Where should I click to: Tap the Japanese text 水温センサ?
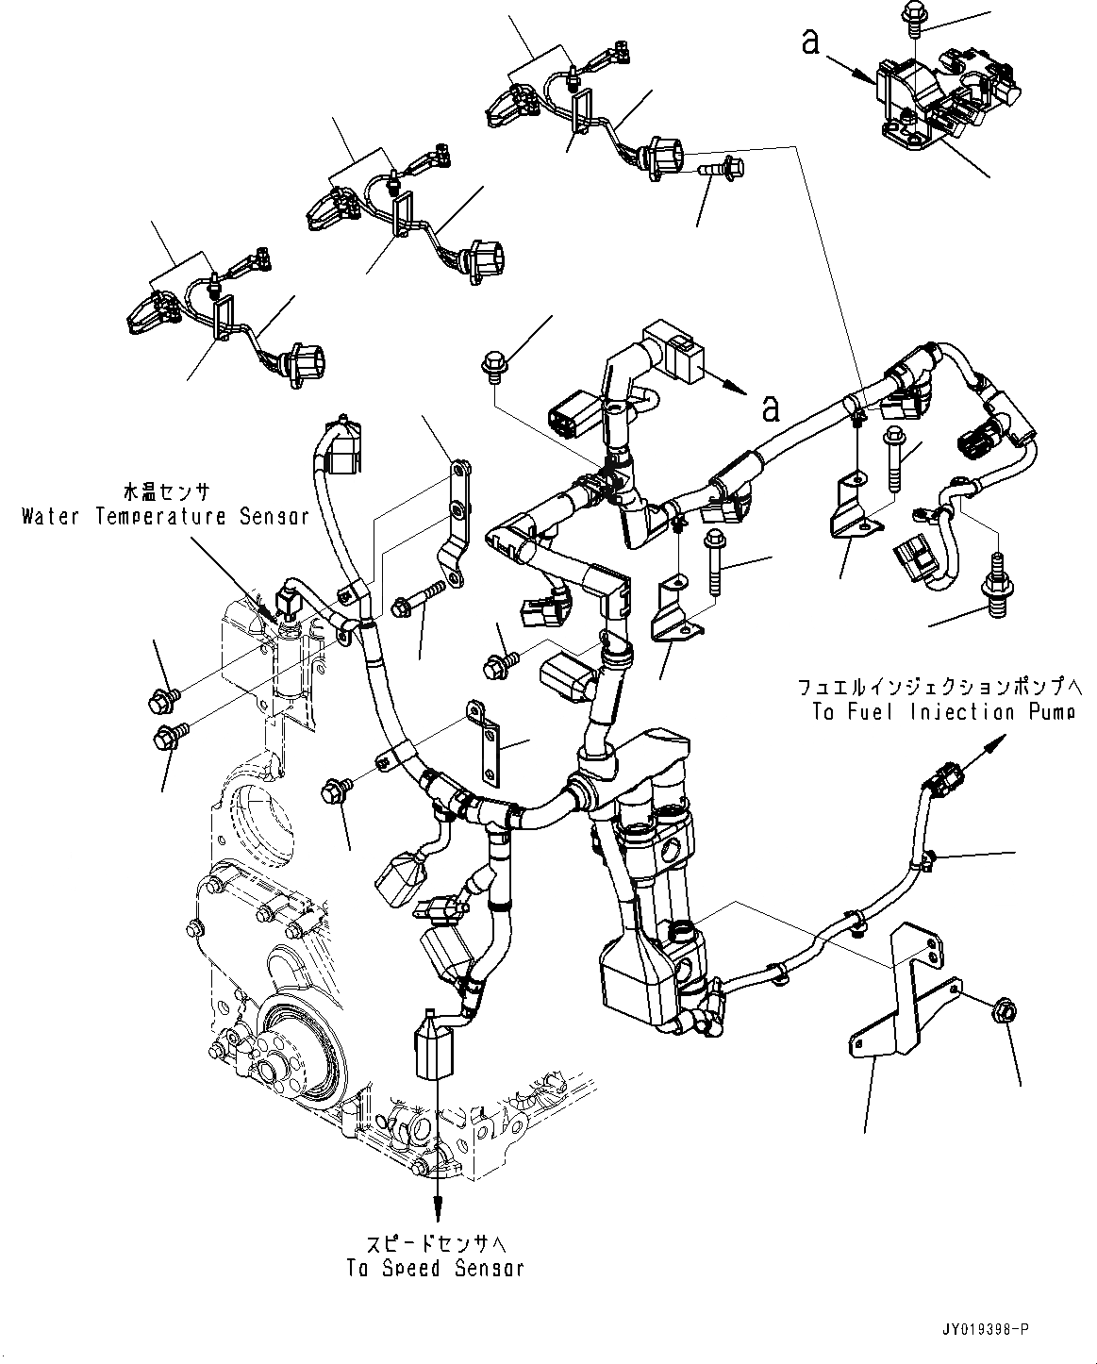(166, 492)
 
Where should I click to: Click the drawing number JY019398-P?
(983, 1328)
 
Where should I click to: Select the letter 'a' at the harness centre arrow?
(771, 408)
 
